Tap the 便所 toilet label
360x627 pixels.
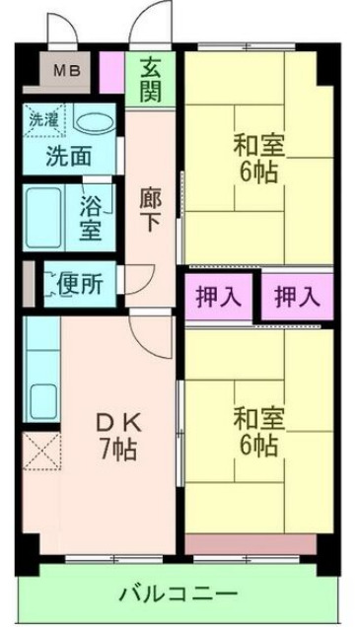click(80, 284)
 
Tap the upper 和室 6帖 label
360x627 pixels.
click(258, 156)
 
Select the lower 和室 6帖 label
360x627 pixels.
click(258, 430)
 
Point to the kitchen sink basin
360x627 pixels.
click(42, 397)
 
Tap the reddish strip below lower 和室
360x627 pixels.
click(250, 543)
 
